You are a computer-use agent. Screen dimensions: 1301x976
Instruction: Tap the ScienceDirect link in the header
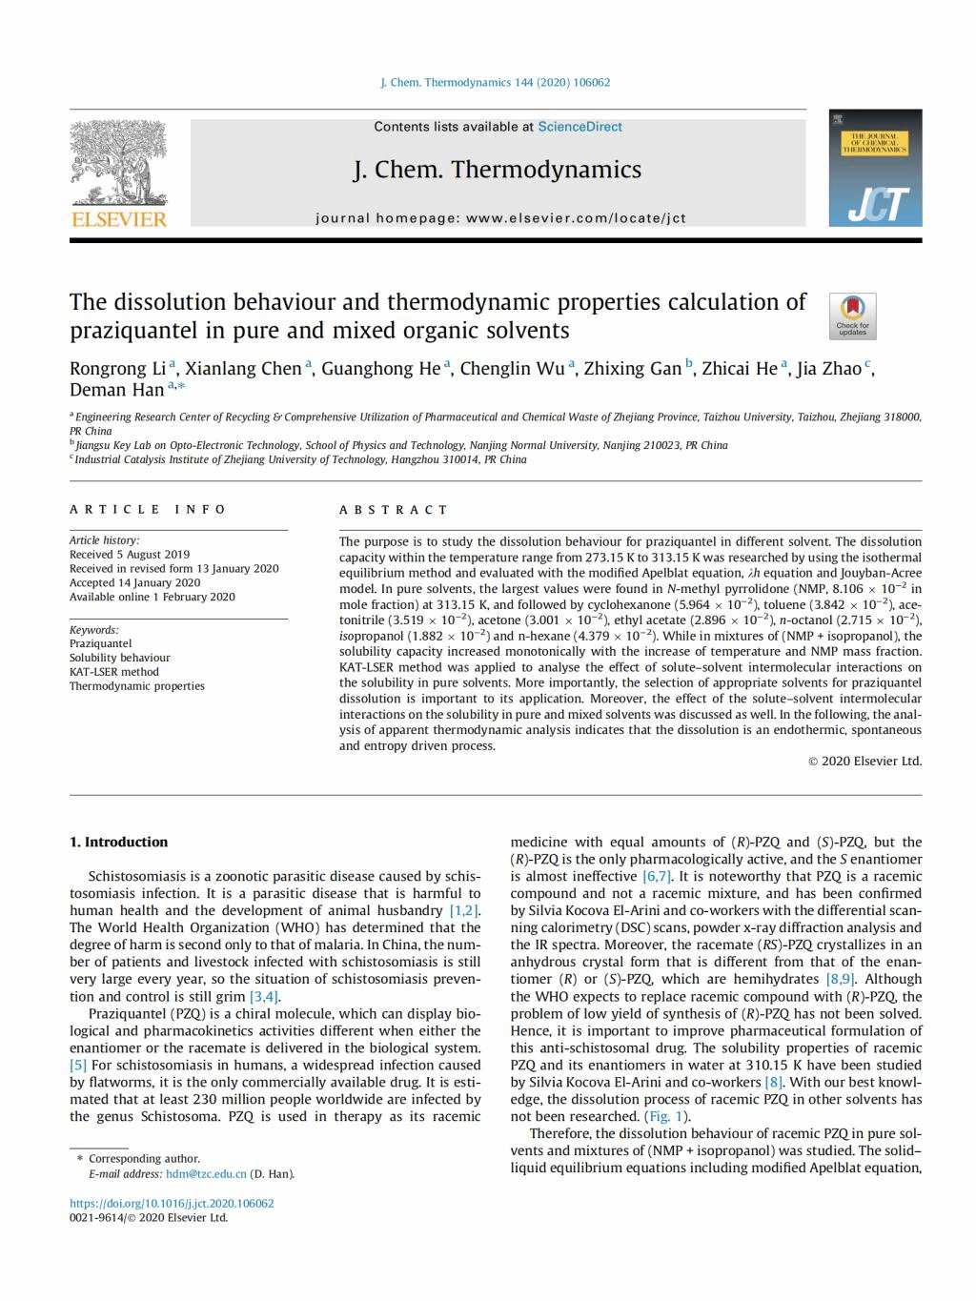click(579, 127)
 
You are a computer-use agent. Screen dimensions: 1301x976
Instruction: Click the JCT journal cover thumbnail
click(875, 168)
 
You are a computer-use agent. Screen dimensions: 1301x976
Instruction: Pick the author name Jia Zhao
click(828, 369)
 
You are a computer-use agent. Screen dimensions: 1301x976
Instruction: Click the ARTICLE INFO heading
click(148, 510)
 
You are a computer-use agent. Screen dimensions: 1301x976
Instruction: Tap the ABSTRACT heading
click(394, 510)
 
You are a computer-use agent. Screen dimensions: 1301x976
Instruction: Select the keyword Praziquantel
click(100, 643)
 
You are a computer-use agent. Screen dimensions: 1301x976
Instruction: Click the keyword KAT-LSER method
click(113, 672)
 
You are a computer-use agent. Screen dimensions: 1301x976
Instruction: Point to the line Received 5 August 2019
click(129, 555)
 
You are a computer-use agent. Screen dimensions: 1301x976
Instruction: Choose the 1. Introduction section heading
click(118, 843)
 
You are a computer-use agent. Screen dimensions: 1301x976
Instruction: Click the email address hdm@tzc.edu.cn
click(206, 1174)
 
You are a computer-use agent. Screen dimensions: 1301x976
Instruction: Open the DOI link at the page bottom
click(172, 1204)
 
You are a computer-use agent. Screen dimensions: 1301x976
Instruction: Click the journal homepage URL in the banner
click(576, 218)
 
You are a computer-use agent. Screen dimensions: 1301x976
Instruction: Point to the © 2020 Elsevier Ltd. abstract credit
click(864, 762)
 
